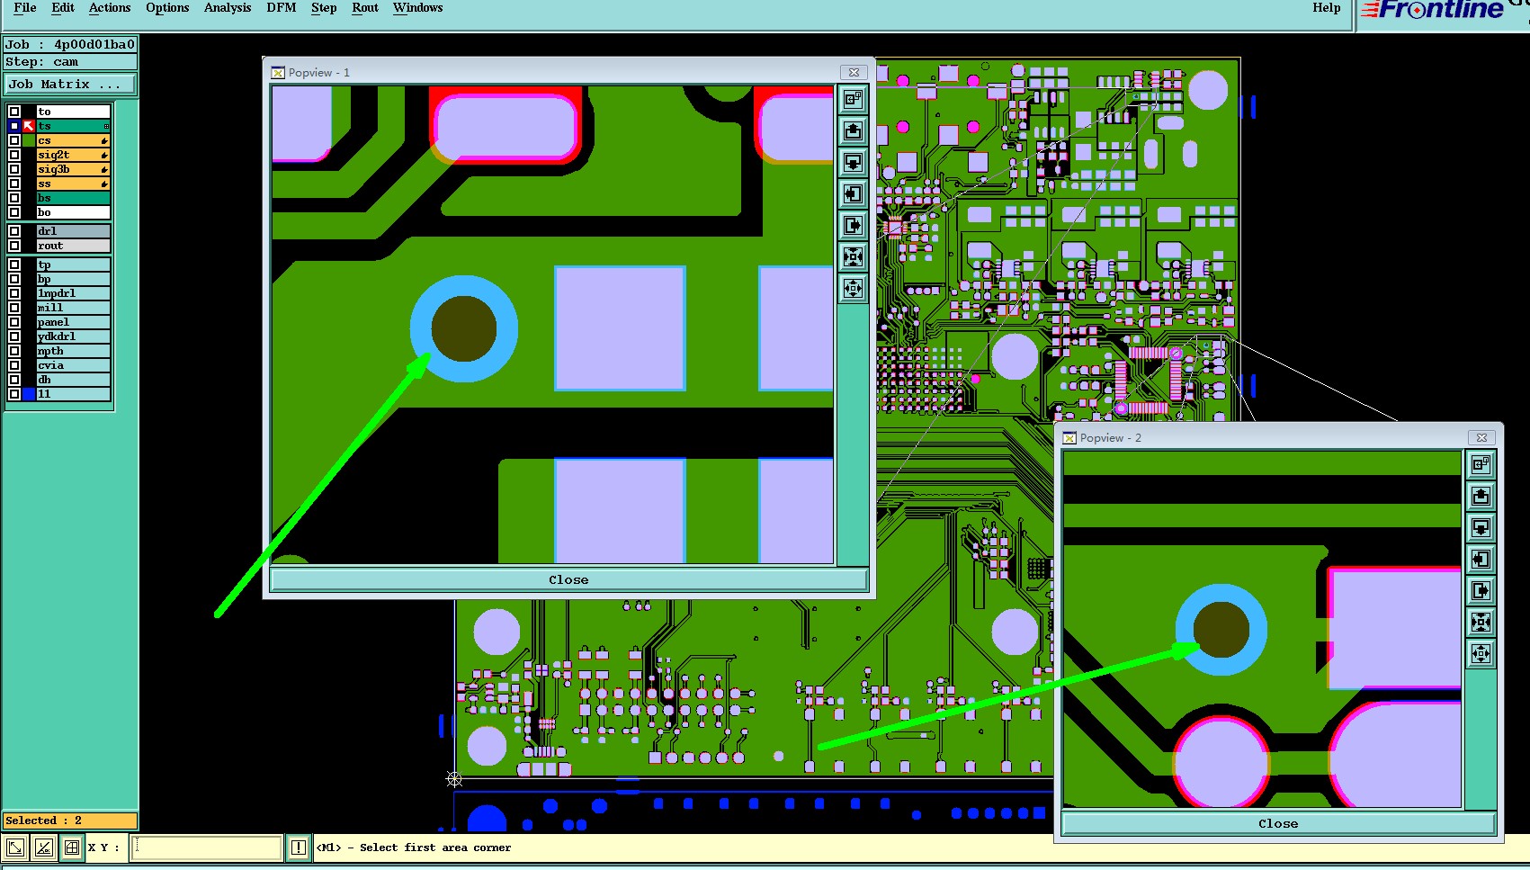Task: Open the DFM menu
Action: (x=281, y=8)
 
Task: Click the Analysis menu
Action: (x=228, y=8)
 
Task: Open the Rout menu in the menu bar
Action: (x=365, y=8)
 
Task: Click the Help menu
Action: (x=1326, y=8)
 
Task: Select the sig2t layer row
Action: (x=73, y=155)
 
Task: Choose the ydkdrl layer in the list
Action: (x=73, y=336)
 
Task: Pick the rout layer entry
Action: (x=73, y=246)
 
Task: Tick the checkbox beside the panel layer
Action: (x=14, y=322)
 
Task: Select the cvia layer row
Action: (x=73, y=365)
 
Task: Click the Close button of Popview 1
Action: (x=568, y=579)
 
